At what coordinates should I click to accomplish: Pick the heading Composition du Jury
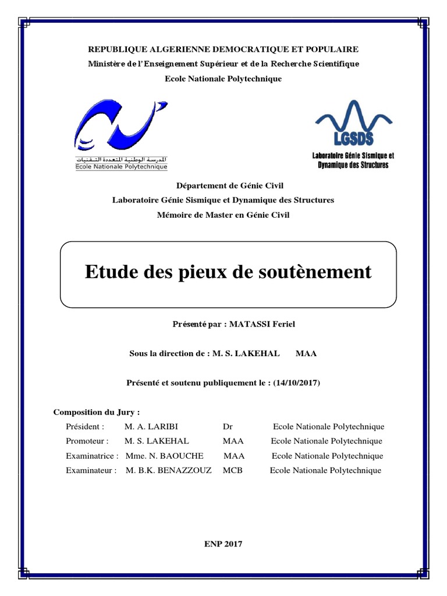click(x=97, y=412)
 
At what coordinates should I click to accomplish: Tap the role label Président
click(x=86, y=427)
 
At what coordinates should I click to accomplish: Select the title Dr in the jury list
click(x=228, y=427)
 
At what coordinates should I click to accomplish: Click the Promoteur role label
click(x=88, y=441)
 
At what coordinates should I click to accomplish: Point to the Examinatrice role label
click(x=93, y=456)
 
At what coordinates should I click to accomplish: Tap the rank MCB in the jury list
click(x=232, y=470)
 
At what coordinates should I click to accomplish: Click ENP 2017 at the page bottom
click(x=223, y=544)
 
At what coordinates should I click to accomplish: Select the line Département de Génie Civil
click(x=223, y=185)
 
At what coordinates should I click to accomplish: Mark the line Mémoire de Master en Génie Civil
click(x=223, y=215)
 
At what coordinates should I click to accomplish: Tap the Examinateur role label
click(x=92, y=470)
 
